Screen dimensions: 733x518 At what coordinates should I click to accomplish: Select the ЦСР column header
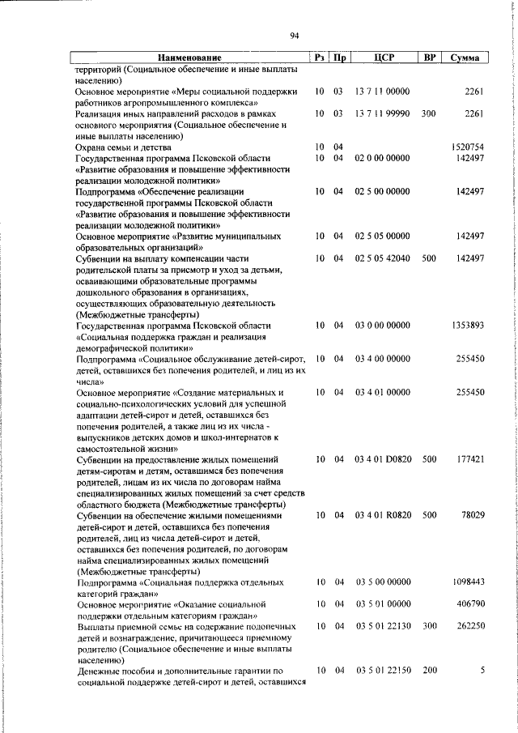pyautogui.click(x=384, y=58)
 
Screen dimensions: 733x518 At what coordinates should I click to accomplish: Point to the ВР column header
pyautogui.click(x=429, y=58)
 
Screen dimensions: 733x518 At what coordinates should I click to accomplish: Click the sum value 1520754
pyautogui.click(x=467, y=147)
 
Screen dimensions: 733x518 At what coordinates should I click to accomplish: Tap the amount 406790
pyautogui.click(x=469, y=604)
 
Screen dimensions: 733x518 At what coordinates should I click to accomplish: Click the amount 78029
pyautogui.click(x=472, y=515)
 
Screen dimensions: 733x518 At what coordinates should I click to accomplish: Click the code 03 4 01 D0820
pyautogui.click(x=385, y=459)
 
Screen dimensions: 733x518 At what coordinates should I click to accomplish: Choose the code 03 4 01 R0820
pyautogui.click(x=385, y=515)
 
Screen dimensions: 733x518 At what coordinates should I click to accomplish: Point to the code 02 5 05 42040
pyautogui.click(x=384, y=258)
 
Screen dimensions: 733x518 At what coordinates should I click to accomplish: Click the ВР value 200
pyautogui.click(x=429, y=671)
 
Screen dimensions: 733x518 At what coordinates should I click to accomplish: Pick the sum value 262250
pyautogui.click(x=469, y=627)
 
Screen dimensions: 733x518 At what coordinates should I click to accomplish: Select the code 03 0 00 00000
pyautogui.click(x=383, y=325)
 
